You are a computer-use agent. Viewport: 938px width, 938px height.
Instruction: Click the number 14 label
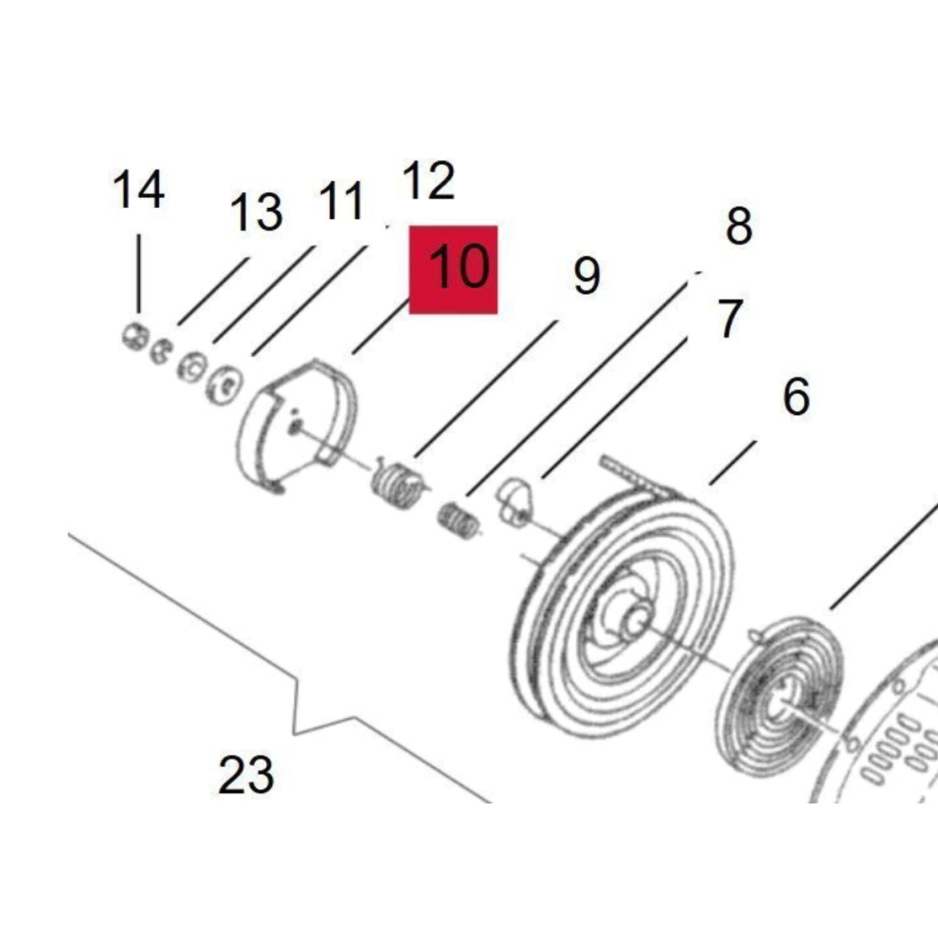pyautogui.click(x=138, y=191)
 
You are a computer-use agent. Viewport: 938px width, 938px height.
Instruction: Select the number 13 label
pyautogui.click(x=256, y=213)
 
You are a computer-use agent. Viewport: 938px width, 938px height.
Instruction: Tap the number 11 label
pyautogui.click(x=342, y=201)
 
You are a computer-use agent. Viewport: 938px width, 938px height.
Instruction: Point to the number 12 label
pyautogui.click(x=428, y=180)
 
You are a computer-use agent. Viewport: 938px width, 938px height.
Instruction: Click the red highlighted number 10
pyautogui.click(x=453, y=269)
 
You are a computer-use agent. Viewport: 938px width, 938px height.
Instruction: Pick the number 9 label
pyautogui.click(x=586, y=276)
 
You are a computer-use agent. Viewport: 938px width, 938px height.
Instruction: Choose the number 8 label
pyautogui.click(x=738, y=225)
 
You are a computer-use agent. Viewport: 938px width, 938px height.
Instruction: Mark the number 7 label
pyautogui.click(x=728, y=319)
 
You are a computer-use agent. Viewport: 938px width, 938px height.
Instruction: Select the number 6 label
pyautogui.click(x=796, y=397)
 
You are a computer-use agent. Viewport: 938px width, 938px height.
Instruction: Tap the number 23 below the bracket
pyautogui.click(x=245, y=775)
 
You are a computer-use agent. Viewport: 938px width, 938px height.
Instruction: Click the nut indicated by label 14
pyautogui.click(x=135, y=336)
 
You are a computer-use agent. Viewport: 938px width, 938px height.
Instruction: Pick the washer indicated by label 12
pyautogui.click(x=224, y=384)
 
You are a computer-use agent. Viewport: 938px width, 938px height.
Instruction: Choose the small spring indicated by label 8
pyautogui.click(x=458, y=520)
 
